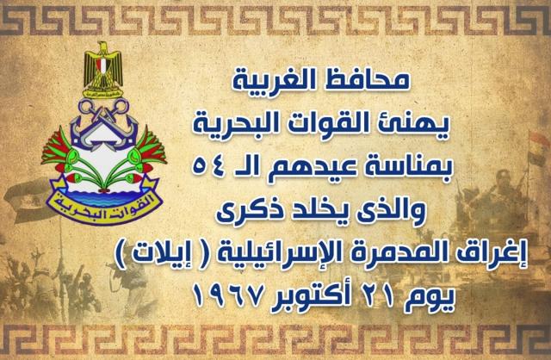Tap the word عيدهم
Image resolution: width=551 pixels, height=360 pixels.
[313, 168]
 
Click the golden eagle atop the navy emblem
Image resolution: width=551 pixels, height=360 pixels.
[103, 69]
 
